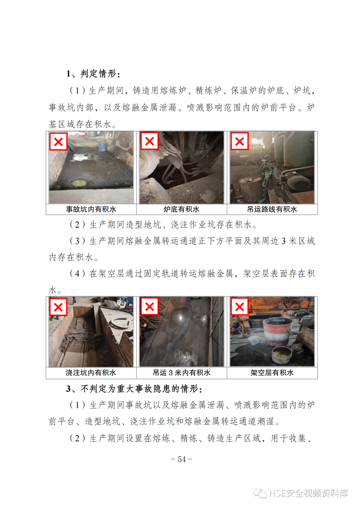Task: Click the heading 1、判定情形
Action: (93, 74)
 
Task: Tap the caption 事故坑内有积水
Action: (91, 209)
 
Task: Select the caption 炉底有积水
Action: (181, 209)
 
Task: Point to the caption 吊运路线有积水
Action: (272, 209)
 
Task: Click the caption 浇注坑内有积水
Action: (91, 373)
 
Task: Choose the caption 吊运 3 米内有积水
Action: (181, 373)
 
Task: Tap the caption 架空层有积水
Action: (272, 373)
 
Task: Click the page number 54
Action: (182, 459)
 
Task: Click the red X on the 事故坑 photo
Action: (58, 142)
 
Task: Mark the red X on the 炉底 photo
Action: (149, 141)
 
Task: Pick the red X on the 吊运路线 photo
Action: (240, 141)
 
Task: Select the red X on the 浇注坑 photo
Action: (58, 307)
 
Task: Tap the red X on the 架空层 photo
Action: (240, 307)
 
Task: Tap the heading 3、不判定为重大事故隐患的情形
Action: (134, 389)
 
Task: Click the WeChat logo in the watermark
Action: (260, 493)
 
